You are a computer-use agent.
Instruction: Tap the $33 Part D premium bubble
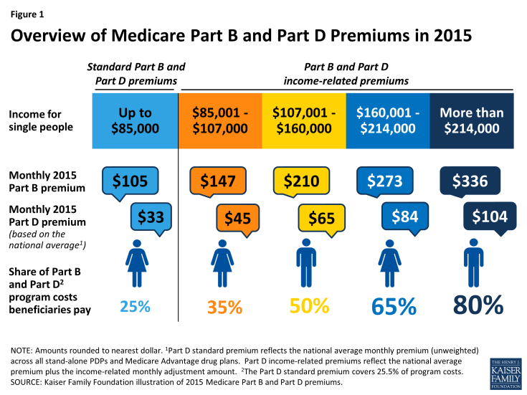pyautogui.click(x=151, y=216)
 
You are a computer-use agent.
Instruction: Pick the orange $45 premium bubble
pyautogui.click(x=235, y=216)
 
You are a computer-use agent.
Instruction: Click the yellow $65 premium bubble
pyautogui.click(x=321, y=216)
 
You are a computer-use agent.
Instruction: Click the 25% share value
pyautogui.click(x=135, y=306)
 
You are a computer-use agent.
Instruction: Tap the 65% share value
pyautogui.click(x=394, y=306)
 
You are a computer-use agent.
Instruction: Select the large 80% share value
pyautogui.click(x=478, y=305)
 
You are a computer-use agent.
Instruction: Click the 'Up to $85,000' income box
pyautogui.click(x=136, y=120)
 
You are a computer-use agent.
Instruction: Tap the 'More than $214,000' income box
pyautogui.click(x=472, y=120)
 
